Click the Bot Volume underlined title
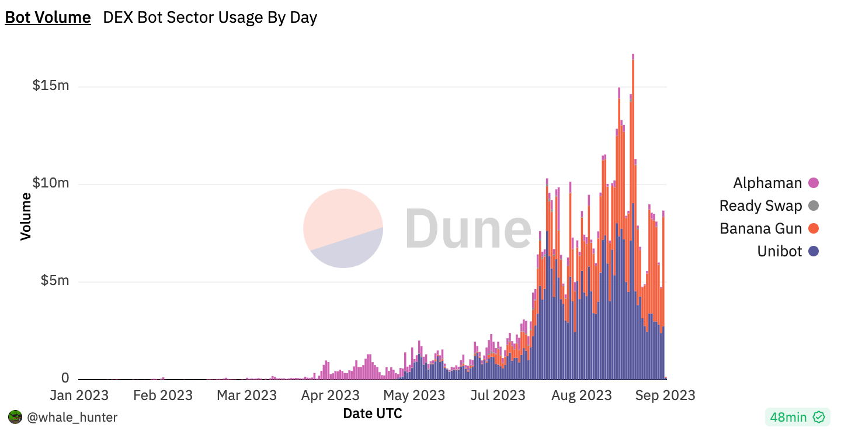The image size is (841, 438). point(48,18)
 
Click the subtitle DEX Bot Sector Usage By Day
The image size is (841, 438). point(210,18)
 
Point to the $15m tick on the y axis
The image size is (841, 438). point(50,86)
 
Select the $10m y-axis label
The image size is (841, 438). point(50,183)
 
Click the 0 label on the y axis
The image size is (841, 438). point(65,378)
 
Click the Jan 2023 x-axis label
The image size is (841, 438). point(79,395)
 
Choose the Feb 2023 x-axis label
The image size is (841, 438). point(163,395)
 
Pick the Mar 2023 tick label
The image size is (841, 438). point(247,395)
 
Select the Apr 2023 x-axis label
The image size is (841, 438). point(331,395)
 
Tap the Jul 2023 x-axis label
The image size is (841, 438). point(498,395)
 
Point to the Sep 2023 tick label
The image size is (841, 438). point(666,395)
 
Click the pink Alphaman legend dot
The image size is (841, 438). point(814,183)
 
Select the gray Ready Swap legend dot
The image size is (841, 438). point(814,206)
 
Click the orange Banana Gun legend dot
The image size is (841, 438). point(814,229)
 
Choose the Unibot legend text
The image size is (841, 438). point(780,252)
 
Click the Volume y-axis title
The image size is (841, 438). point(26,215)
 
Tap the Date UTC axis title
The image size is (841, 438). point(373,413)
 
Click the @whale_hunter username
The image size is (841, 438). point(72,417)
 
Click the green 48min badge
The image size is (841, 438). point(797,417)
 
